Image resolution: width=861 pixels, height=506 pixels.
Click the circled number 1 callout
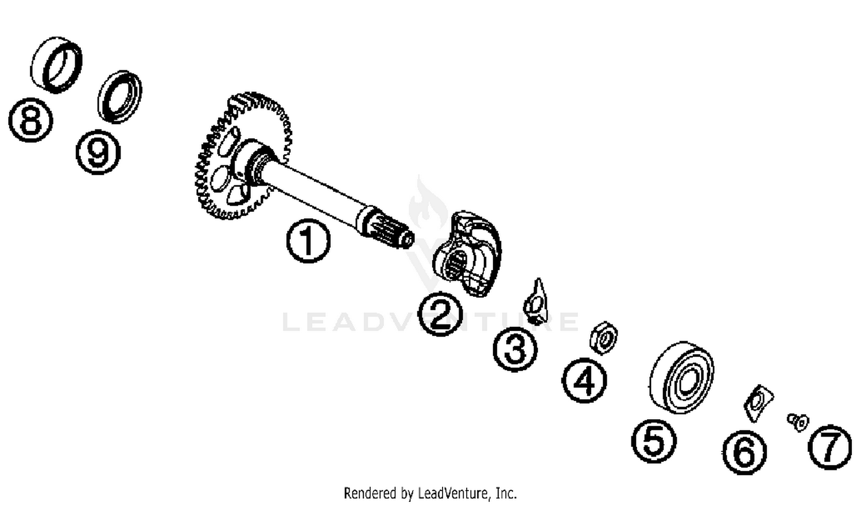(308, 242)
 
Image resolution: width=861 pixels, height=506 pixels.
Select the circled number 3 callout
(515, 349)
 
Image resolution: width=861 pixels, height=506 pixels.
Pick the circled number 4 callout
(584, 380)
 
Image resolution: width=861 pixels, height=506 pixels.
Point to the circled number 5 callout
(654, 441)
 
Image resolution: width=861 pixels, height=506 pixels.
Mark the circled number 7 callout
(830, 446)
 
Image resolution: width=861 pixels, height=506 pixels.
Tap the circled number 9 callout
(98, 152)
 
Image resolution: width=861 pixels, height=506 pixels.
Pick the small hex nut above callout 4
(604, 338)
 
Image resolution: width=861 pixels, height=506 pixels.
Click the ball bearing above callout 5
(682, 377)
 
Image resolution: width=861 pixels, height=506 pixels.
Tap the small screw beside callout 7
(797, 422)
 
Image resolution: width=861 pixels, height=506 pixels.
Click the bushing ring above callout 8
(56, 64)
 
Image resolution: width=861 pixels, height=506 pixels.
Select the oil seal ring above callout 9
(119, 96)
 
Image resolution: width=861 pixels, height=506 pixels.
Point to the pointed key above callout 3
(536, 302)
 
